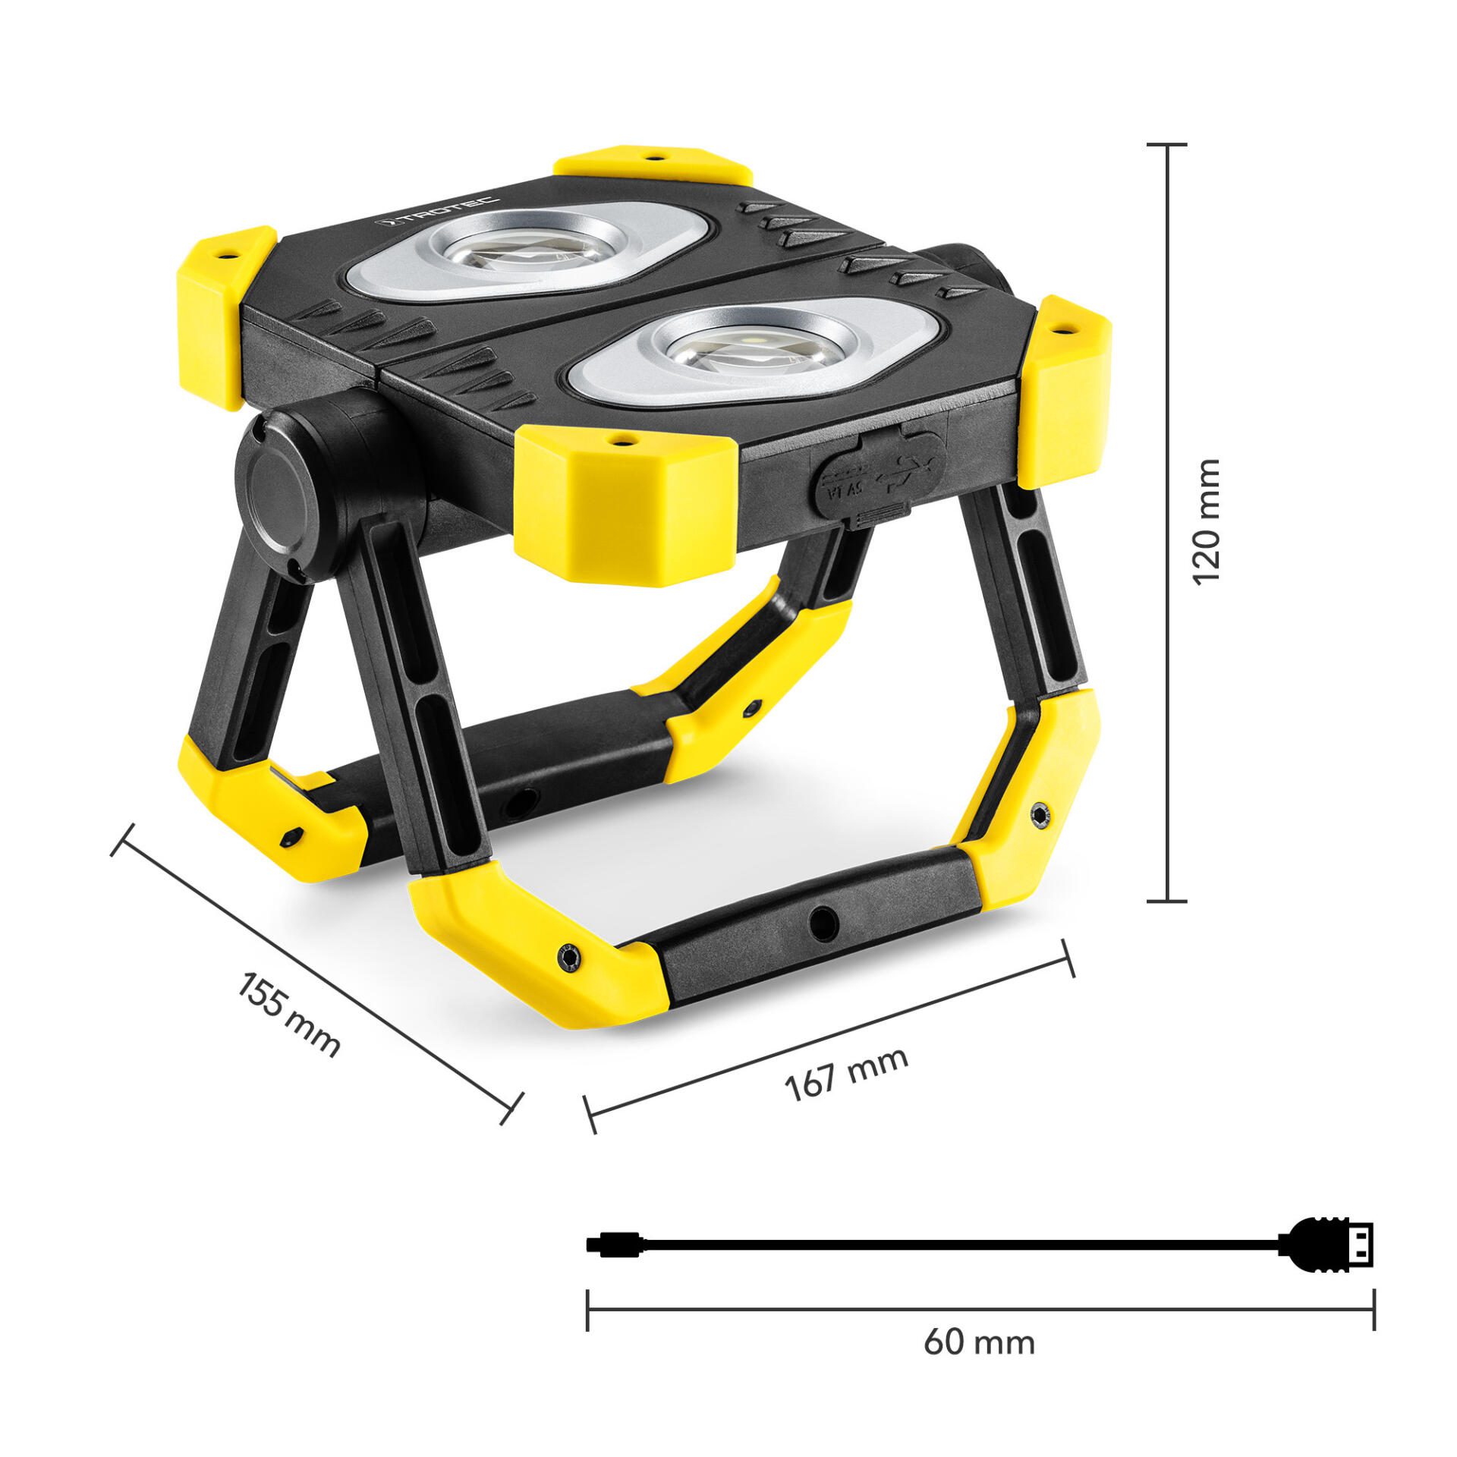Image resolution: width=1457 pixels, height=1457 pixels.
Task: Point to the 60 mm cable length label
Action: coord(979,1343)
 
